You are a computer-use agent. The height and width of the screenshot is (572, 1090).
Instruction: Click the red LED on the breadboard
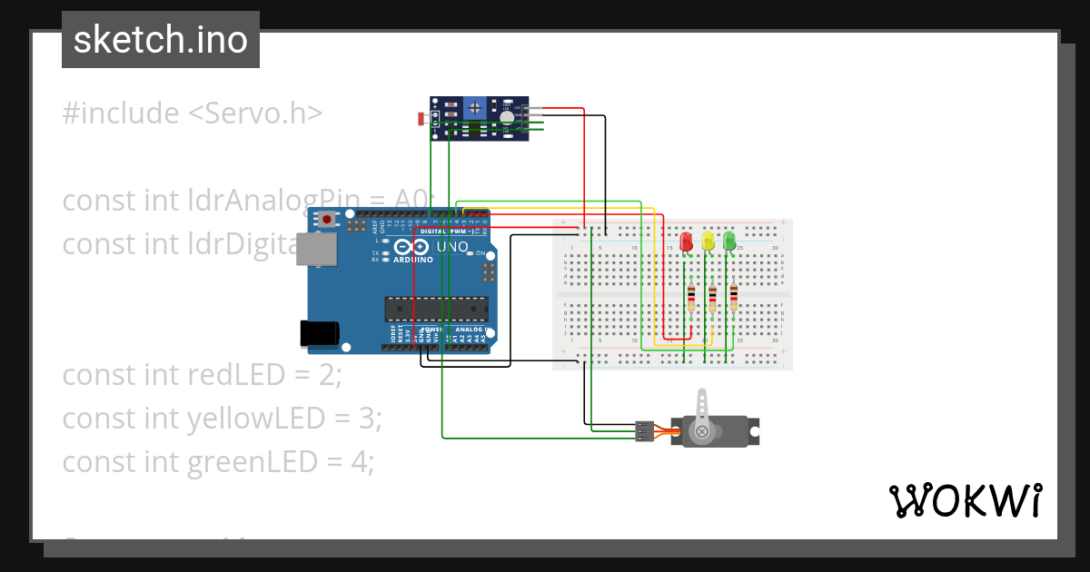click(687, 242)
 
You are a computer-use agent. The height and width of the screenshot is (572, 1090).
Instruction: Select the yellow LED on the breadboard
click(708, 242)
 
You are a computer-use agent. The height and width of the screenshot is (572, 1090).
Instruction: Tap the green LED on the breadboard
click(729, 242)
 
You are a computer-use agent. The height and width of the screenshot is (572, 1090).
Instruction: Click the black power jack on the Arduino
click(319, 333)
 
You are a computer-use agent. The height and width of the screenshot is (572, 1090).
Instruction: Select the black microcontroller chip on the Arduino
click(435, 309)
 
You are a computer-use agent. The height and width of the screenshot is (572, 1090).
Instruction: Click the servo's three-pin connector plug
click(644, 432)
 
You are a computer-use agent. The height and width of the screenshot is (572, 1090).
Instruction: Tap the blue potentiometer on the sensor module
click(475, 109)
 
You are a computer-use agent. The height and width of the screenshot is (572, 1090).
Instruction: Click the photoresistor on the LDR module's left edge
click(421, 119)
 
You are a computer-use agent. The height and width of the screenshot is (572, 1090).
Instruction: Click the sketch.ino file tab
click(161, 40)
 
